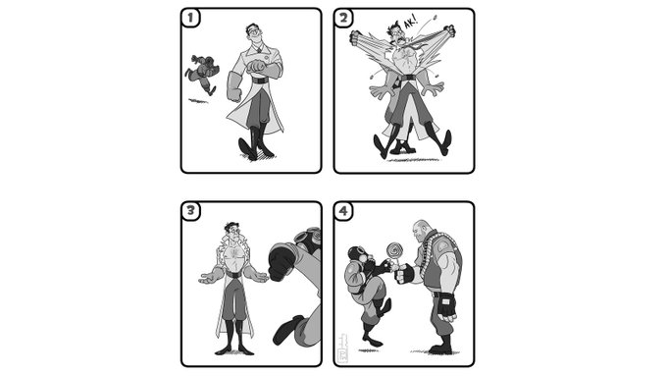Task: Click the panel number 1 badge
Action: [190, 18]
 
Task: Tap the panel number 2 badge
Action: [343, 18]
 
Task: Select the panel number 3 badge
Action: [190, 211]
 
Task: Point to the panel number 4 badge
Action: [343, 211]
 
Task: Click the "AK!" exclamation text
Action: [409, 23]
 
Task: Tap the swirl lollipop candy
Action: [393, 249]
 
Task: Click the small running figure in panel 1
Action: [201, 74]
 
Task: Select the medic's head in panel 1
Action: [253, 35]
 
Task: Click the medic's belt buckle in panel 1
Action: [260, 81]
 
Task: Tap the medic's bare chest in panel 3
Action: [233, 255]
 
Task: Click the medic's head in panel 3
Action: [232, 233]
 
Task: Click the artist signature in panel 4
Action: [343, 349]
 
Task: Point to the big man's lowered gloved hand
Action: [446, 306]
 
